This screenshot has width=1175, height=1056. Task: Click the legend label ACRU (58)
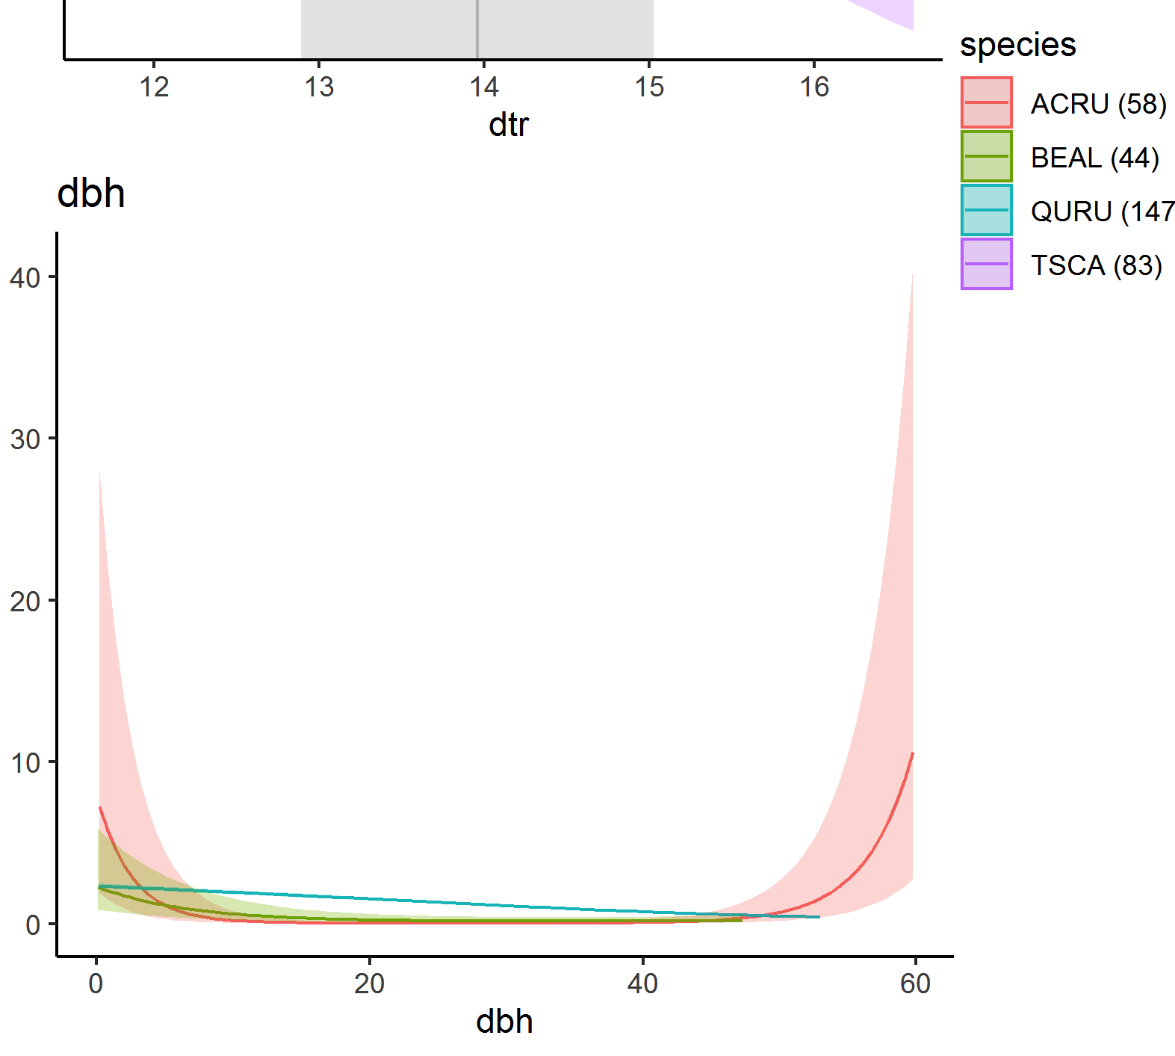[x=1097, y=104]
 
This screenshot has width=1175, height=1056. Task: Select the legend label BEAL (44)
[x=1094, y=158]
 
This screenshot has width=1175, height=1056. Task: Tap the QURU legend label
[x=1102, y=211]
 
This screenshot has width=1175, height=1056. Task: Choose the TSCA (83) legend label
[x=1096, y=265]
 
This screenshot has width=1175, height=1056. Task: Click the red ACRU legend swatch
[x=986, y=102]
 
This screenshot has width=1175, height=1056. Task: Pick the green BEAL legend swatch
[x=986, y=156]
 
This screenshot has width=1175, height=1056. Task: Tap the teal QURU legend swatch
[x=986, y=210]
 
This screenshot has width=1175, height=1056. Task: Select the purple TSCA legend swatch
[x=986, y=264]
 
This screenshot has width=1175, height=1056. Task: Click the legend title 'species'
[x=1017, y=45]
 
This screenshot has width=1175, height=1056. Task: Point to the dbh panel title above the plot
[x=91, y=194]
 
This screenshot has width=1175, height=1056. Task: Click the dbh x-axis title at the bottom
[x=504, y=1022]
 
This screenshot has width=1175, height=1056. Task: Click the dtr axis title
[x=508, y=125]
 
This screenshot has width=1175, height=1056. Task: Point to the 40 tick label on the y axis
[x=25, y=278]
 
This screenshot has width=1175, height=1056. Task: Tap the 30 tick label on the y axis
[x=25, y=439]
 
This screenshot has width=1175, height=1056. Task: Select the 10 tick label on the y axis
[x=25, y=763]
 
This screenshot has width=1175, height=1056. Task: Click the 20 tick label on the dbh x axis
[x=369, y=984]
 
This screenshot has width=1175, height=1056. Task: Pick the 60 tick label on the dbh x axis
[x=915, y=984]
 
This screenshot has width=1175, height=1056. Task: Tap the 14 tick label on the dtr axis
[x=484, y=87]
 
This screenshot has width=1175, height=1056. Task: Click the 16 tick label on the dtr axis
[x=814, y=87]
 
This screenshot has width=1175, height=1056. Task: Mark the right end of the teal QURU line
[x=819, y=917]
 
